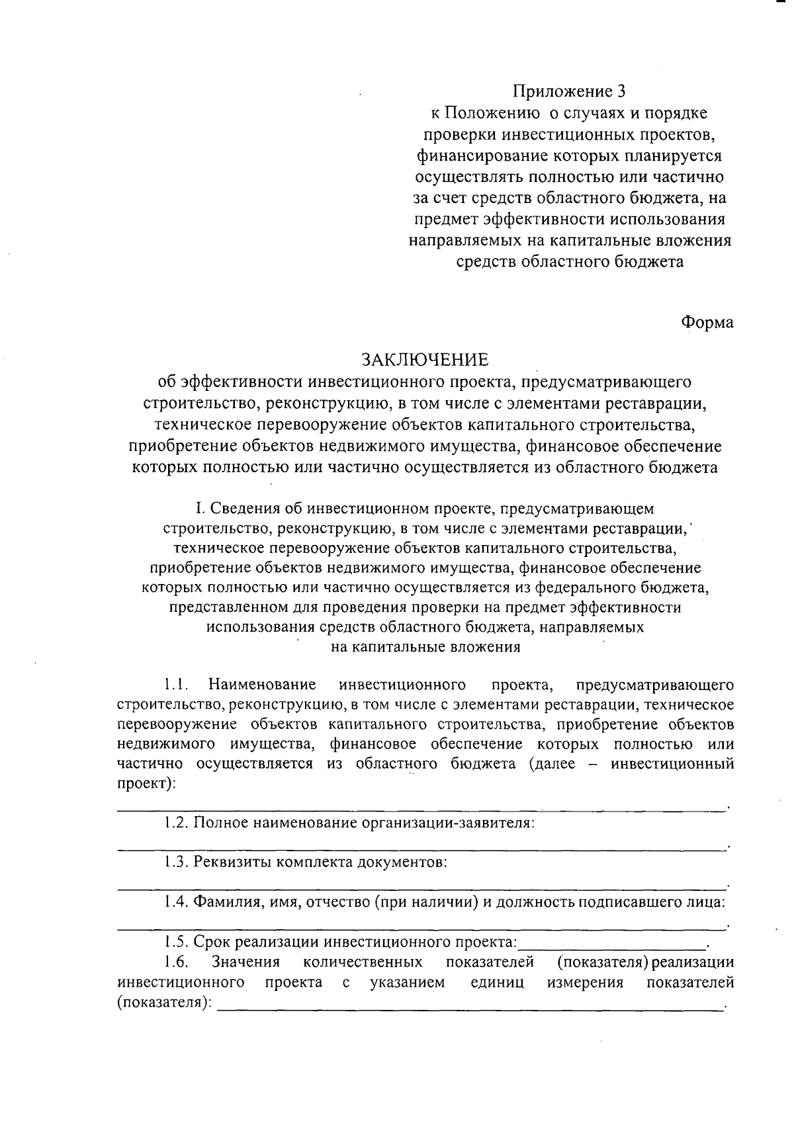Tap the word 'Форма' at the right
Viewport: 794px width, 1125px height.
(707, 323)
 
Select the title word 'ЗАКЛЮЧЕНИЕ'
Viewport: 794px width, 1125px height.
(424, 360)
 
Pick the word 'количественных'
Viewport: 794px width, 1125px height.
(368, 962)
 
